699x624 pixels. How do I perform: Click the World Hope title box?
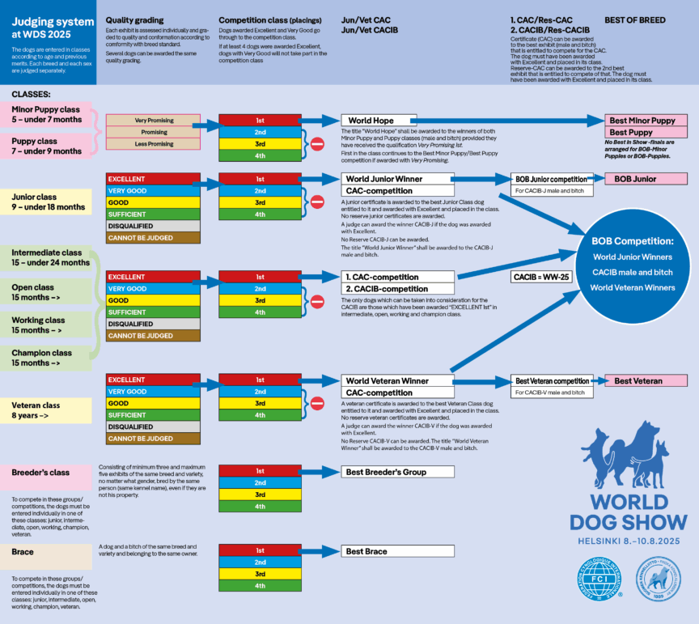pos(378,121)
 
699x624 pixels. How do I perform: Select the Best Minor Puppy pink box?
pos(646,121)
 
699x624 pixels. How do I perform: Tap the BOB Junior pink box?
pos(646,178)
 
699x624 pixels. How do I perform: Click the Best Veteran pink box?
pos(646,380)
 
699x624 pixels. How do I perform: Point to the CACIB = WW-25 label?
pos(540,277)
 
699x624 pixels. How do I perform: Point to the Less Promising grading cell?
pos(153,144)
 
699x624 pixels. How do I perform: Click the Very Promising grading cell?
pos(153,121)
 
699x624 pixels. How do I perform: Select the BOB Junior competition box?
pos(552,179)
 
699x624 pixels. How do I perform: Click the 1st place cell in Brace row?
pos(260,551)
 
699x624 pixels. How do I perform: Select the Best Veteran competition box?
pos(552,380)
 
